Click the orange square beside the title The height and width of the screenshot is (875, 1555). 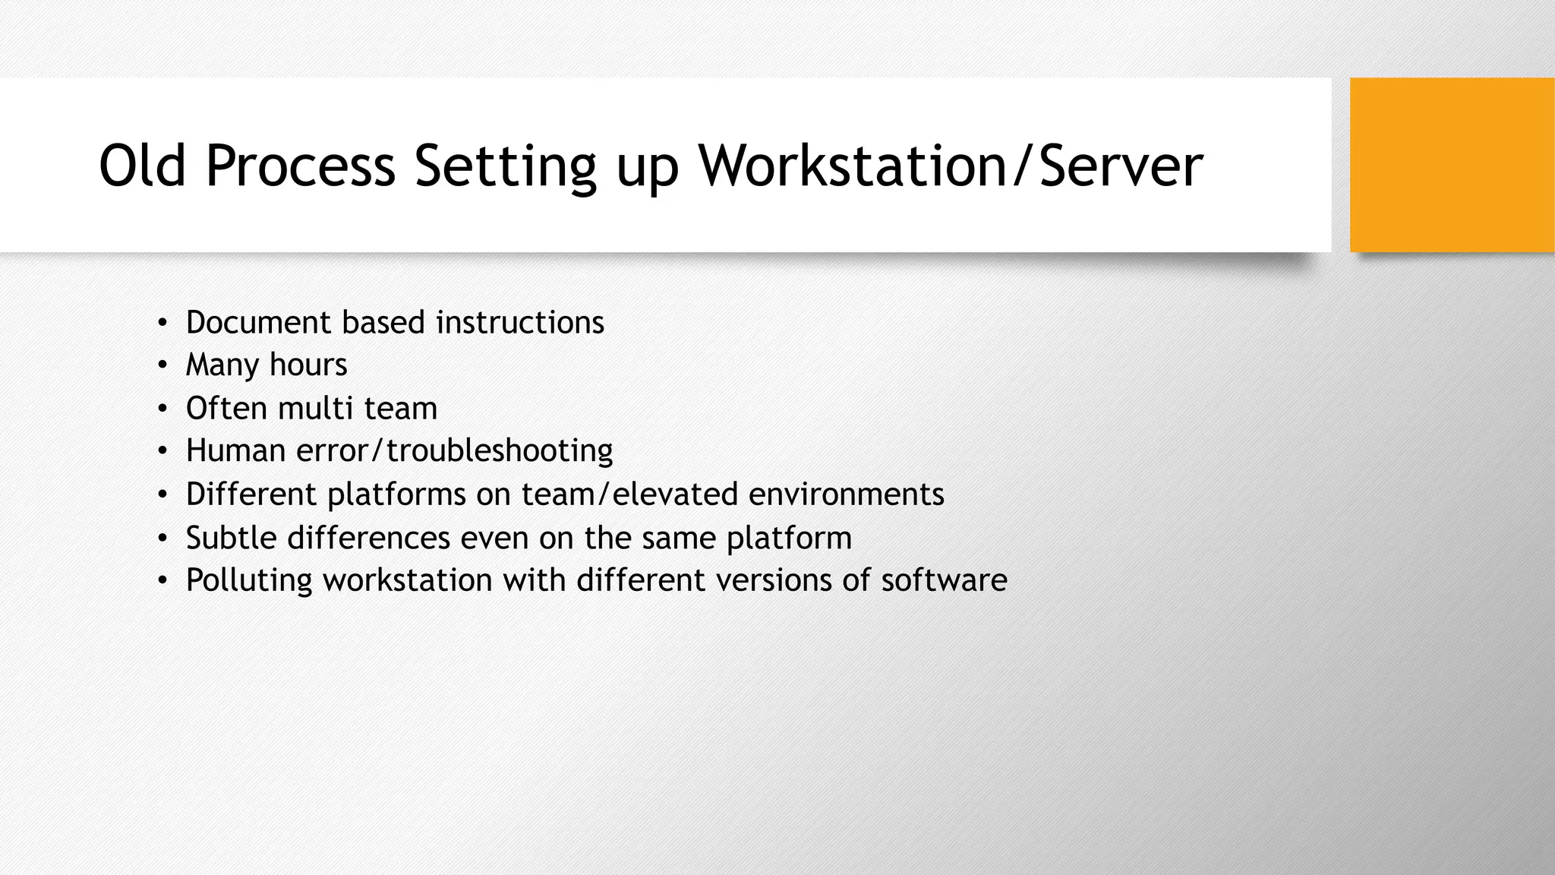(x=1452, y=165)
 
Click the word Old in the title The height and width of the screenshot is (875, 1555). (x=142, y=166)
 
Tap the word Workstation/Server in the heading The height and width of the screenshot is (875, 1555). (x=951, y=166)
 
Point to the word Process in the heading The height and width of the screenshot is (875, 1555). (x=300, y=166)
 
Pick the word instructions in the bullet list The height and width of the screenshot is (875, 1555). (x=520, y=323)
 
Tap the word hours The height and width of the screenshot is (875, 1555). (x=308, y=365)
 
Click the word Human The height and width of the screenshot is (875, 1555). (x=235, y=451)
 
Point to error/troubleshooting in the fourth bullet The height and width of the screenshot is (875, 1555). (x=454, y=451)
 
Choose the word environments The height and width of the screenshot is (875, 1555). (x=846, y=494)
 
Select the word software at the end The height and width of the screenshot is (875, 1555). (x=944, y=580)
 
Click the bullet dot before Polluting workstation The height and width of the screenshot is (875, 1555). (x=162, y=581)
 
